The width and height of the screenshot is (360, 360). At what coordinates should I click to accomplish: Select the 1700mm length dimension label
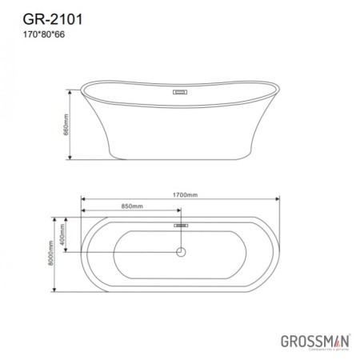(184, 194)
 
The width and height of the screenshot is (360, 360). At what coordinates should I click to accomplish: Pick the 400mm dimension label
(67, 234)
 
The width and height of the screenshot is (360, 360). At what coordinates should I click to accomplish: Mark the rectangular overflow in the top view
(181, 226)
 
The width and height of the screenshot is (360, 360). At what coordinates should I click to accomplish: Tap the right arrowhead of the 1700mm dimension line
(278, 200)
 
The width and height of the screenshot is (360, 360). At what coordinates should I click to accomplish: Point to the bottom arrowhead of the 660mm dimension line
(73, 160)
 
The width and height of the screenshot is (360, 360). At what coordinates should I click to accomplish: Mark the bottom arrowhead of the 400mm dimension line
(73, 254)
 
